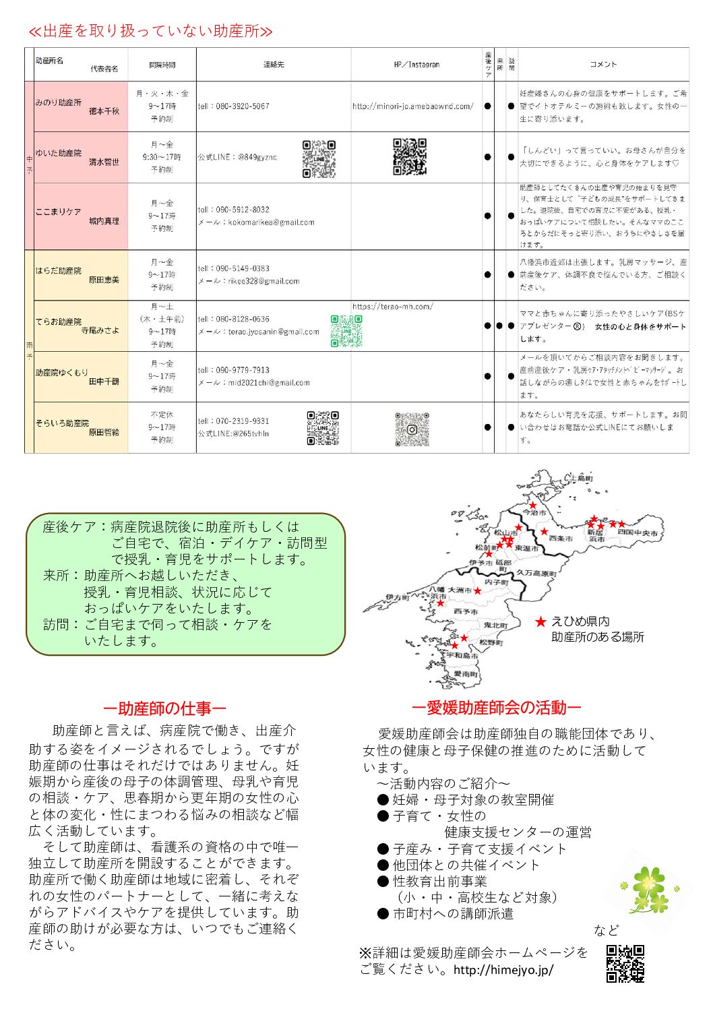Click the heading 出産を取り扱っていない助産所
150,31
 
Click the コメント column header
603,65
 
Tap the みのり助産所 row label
59,102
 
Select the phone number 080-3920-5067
234,106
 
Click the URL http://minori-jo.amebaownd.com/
412,106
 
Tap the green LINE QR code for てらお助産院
346,331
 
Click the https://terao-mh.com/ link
392,307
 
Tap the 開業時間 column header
162,65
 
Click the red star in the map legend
540,621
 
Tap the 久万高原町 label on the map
536,574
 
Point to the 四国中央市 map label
638,532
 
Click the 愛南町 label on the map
466,674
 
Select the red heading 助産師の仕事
164,708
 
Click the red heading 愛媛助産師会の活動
496,708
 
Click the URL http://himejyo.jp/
503,970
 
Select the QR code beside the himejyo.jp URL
625,964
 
